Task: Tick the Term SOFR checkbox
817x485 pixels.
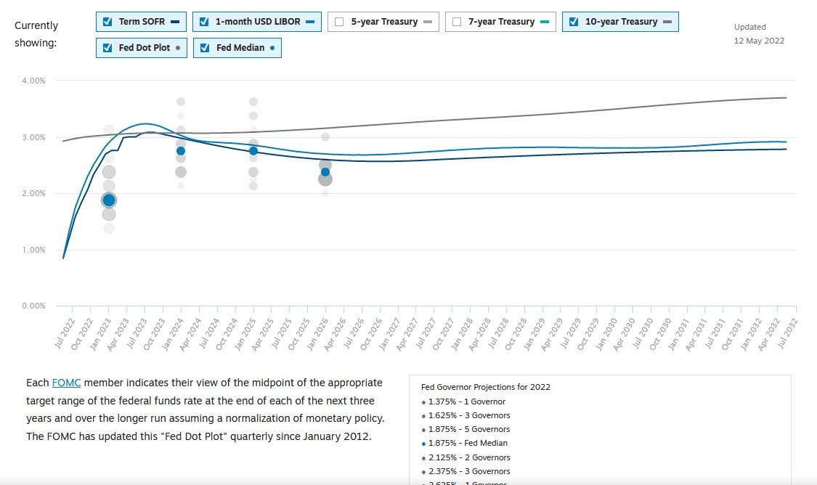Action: point(107,22)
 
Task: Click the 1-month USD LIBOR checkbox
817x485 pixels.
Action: point(204,22)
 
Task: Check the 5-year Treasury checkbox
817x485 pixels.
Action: point(339,22)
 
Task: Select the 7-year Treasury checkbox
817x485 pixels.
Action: point(457,22)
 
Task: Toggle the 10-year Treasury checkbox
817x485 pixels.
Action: point(574,22)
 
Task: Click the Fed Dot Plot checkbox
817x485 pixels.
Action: point(107,48)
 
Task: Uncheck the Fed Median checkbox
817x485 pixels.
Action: point(204,48)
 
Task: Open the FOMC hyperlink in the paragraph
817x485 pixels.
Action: point(66,383)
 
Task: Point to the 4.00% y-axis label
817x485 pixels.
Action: point(33,81)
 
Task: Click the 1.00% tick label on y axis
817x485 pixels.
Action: point(33,250)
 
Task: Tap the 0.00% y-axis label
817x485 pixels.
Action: point(33,306)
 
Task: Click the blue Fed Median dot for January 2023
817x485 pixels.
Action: point(109,200)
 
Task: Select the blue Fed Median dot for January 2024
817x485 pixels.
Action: point(181,151)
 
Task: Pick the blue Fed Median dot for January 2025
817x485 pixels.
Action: point(253,151)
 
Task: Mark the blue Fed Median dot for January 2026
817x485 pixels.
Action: point(325,172)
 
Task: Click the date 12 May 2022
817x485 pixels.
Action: point(759,41)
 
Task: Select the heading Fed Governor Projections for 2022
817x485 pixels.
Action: point(485,387)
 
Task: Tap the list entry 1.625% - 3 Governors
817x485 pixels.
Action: point(468,415)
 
